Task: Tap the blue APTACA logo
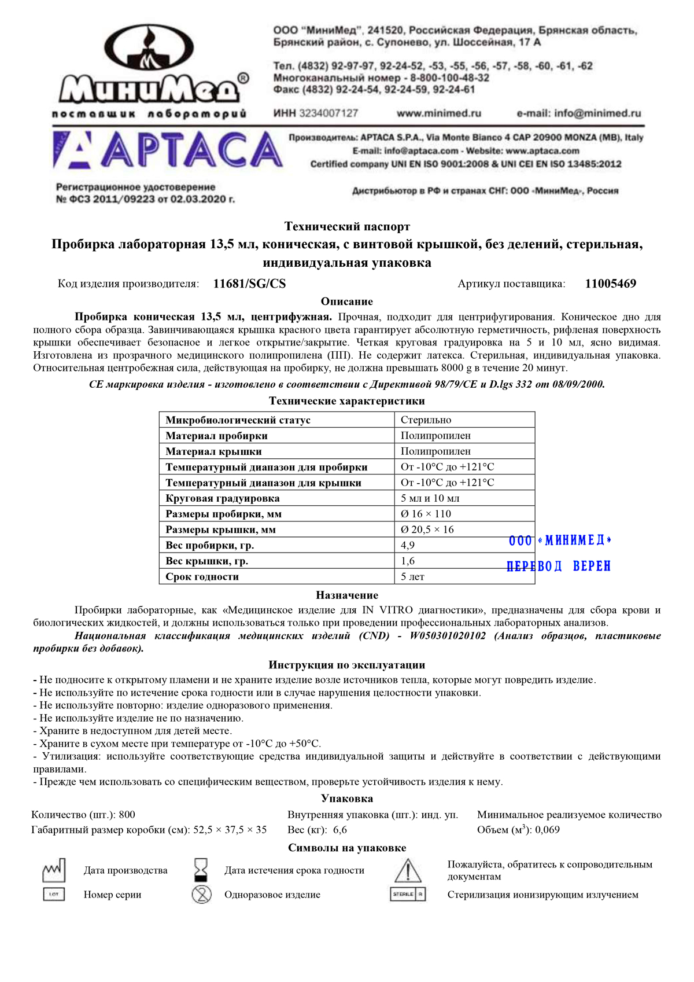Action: point(168,150)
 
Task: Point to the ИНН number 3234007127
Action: point(328,113)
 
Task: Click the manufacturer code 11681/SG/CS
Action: point(249,284)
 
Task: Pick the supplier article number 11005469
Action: point(610,284)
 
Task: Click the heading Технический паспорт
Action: point(347,227)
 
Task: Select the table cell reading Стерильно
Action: point(426,420)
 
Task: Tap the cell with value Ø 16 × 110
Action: point(426,514)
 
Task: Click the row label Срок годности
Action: point(202,577)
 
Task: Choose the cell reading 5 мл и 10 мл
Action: point(430,498)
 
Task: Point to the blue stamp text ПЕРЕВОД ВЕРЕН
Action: point(559,567)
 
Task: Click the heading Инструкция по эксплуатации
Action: point(347,665)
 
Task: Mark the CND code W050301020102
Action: point(448,636)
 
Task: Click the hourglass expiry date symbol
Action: point(201,870)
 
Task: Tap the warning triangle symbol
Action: point(408,870)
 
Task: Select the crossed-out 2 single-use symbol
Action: point(201,895)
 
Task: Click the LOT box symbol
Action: point(54,895)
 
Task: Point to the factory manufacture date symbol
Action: point(54,870)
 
